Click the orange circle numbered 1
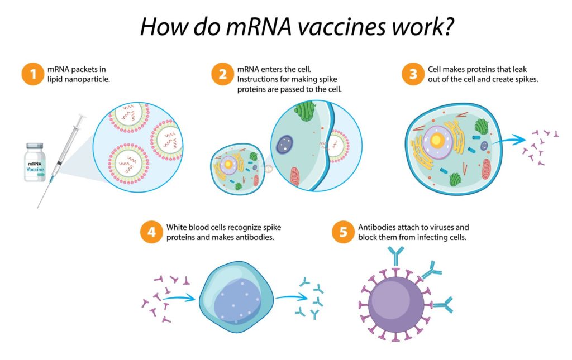(33, 75)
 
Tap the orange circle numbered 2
(222, 75)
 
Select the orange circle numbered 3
(413, 75)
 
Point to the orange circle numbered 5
(343, 233)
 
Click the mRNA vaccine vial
(35, 162)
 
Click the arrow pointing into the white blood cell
(183, 297)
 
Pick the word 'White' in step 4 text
(177, 228)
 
